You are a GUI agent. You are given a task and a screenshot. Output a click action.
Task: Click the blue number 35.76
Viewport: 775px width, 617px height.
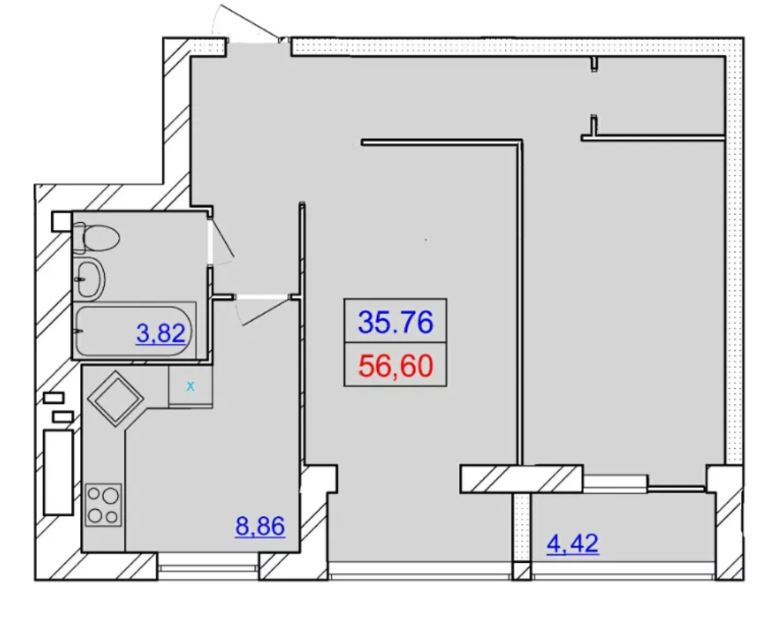pyautogui.click(x=396, y=322)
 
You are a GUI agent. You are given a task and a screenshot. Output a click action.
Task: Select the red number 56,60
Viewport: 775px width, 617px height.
pyautogui.click(x=396, y=366)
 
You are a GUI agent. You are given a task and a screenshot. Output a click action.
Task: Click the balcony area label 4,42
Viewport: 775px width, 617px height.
pyautogui.click(x=572, y=543)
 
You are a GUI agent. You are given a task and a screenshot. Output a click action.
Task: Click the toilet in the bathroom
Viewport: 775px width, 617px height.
pyautogui.click(x=97, y=238)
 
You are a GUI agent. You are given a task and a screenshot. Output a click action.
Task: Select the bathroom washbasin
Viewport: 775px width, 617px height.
pyautogui.click(x=89, y=279)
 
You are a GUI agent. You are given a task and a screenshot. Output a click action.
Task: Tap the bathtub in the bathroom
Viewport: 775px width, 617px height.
pyautogui.click(x=134, y=330)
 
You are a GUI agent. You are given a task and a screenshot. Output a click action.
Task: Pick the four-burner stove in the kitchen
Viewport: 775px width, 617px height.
pyautogui.click(x=103, y=504)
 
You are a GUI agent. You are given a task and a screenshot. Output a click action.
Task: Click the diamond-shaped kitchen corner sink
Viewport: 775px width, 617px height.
pyautogui.click(x=115, y=399)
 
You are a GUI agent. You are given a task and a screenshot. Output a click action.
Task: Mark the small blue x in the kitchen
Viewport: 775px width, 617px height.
pyautogui.click(x=190, y=386)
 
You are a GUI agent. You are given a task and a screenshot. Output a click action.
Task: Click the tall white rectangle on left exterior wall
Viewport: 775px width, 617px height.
pyautogui.click(x=59, y=472)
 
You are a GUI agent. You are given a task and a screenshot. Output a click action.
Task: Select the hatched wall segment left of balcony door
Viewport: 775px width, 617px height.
pyautogui.click(x=521, y=479)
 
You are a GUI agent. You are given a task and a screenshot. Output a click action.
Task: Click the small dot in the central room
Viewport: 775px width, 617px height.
pyautogui.click(x=426, y=240)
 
